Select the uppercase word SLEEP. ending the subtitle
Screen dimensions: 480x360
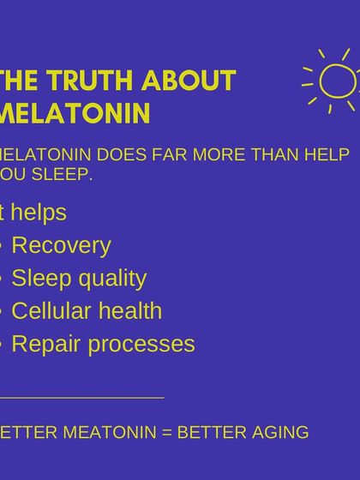[x=63, y=175]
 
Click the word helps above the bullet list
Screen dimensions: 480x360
[x=38, y=213]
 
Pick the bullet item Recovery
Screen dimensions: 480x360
[x=61, y=246]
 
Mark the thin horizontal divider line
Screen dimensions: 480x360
[x=81, y=398]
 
